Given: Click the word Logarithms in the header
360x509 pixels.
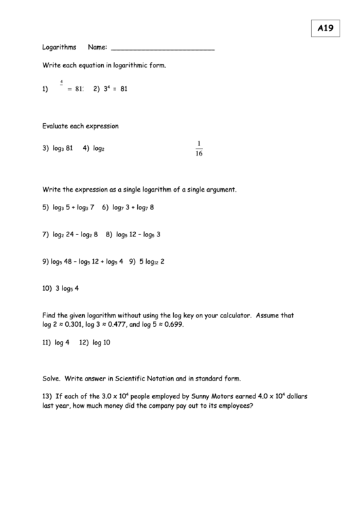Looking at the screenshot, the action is coord(59,48).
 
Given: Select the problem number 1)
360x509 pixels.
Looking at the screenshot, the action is coord(45,88).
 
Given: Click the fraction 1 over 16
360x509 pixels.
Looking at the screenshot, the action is coord(199,147).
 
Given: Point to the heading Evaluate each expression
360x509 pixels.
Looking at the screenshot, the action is coord(80,126).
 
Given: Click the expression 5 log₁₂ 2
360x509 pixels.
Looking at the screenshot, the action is coord(151,261).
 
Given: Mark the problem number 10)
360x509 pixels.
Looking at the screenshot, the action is coord(47,288).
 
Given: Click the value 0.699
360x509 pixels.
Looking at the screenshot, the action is coord(173,325).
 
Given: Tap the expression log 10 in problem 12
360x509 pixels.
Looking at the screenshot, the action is coord(101,343).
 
